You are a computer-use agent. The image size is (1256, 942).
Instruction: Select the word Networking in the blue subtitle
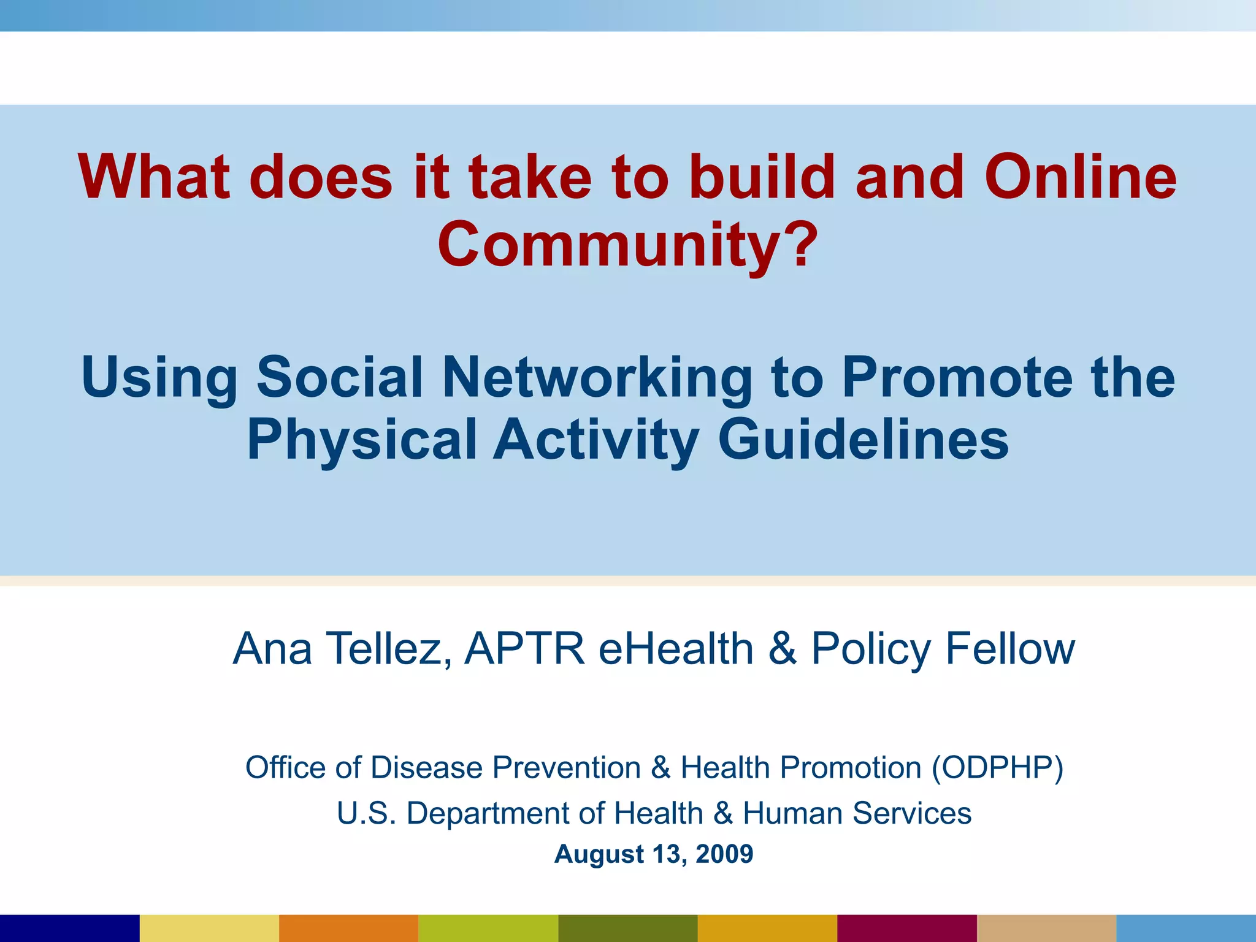point(597,377)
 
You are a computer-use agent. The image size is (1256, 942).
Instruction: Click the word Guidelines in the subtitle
point(863,439)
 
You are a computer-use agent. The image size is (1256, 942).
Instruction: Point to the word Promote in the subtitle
point(957,377)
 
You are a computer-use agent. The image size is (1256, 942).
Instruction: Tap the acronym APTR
point(524,649)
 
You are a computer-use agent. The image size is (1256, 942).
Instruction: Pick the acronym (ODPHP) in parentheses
point(997,768)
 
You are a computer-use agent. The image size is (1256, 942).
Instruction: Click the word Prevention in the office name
point(567,768)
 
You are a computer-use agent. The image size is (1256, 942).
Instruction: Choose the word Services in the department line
point(911,814)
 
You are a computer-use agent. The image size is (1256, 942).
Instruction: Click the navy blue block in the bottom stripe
point(69,929)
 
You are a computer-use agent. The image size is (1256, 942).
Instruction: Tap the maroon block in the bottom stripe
point(906,929)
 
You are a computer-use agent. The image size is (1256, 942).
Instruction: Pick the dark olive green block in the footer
point(627,929)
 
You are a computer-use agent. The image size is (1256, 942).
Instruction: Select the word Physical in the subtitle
point(362,439)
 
